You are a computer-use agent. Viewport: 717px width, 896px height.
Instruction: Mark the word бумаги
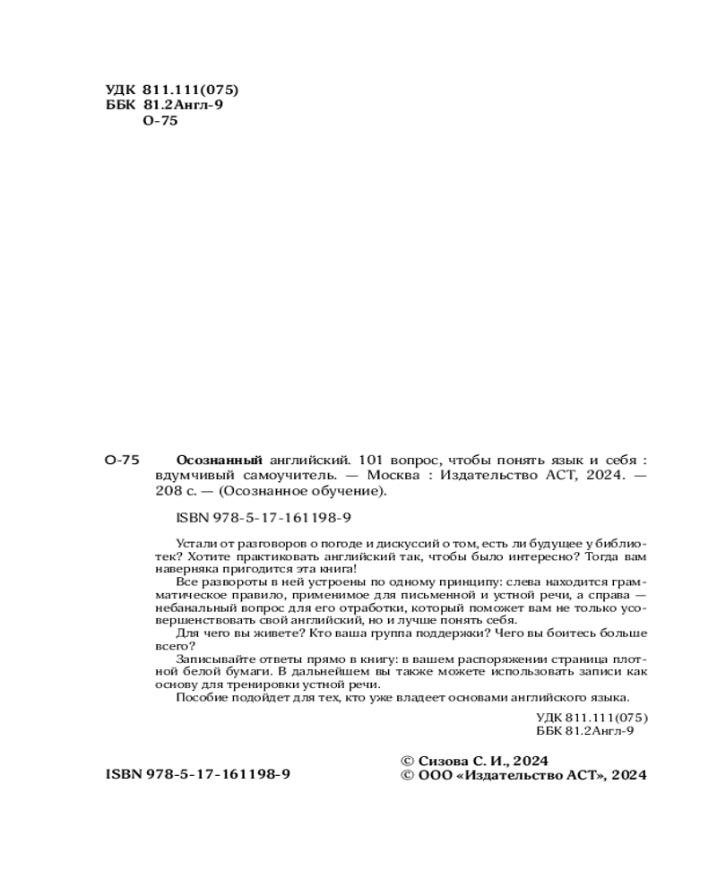[x=246, y=671]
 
